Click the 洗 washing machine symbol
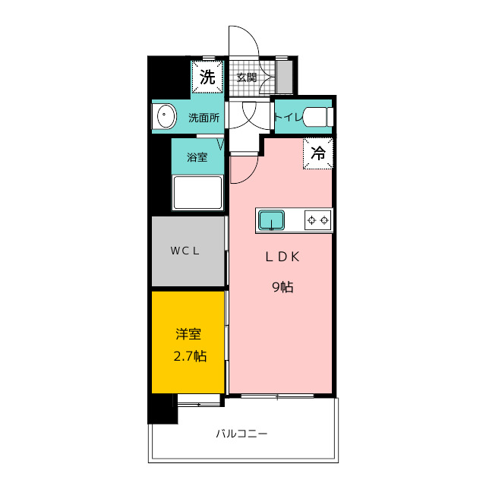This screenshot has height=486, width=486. [207, 77]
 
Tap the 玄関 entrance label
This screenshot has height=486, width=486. [247, 77]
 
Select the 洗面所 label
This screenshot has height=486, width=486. [204, 118]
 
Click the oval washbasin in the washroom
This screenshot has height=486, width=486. [166, 116]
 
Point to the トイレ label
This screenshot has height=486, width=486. [288, 117]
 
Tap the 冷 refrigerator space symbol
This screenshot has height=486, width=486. [318, 153]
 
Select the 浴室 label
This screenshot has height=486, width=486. [197, 157]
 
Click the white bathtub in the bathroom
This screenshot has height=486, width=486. [197, 193]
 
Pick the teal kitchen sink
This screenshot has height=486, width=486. [272, 220]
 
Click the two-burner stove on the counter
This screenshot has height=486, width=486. [317, 220]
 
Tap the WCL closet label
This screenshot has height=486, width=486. [185, 251]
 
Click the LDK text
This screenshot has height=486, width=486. [282, 257]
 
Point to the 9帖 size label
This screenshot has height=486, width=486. [282, 287]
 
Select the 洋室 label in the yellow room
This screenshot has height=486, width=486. [188, 334]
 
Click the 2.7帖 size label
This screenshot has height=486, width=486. [190, 356]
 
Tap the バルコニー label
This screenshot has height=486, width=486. [241, 434]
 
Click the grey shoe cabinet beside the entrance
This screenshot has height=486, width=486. [285, 77]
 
